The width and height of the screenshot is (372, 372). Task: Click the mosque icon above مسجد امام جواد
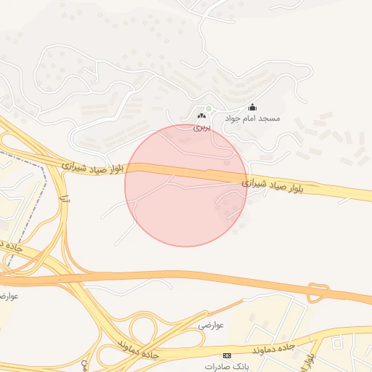(x=252, y=108)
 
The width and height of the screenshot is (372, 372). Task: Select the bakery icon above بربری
(x=201, y=116)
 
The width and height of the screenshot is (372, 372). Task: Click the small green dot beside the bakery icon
(x=208, y=109)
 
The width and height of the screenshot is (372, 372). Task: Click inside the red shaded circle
(x=186, y=185)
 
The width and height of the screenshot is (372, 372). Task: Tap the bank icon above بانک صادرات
(x=227, y=355)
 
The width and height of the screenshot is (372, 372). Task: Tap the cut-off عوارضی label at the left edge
(x=8, y=296)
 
